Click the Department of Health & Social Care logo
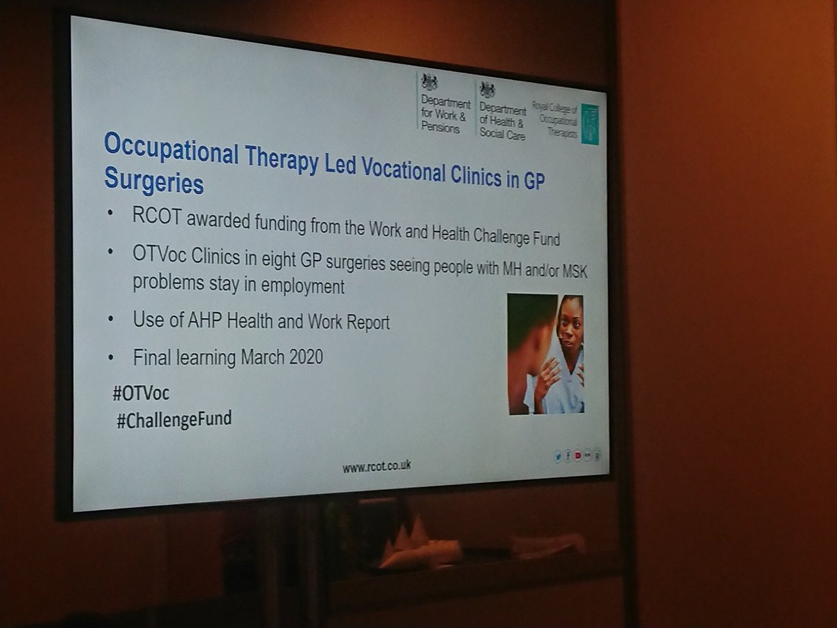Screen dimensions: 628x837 coord(502,111)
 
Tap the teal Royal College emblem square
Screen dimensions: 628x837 coord(590,124)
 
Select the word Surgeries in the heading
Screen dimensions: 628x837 coord(153,181)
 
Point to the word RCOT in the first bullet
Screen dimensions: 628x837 coord(154,216)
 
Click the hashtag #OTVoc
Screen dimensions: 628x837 coord(141,394)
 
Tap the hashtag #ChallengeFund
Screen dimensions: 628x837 coord(174,421)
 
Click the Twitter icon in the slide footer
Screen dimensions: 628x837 coord(557,458)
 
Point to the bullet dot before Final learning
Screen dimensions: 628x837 coord(110,358)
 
